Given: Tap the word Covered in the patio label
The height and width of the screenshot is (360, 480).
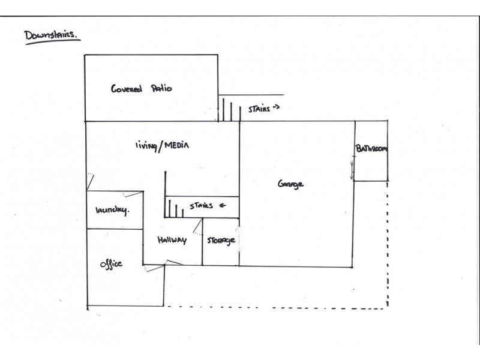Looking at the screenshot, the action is pyautogui.click(x=127, y=88).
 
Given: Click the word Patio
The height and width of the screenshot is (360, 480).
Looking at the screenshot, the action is pyautogui.click(x=161, y=88).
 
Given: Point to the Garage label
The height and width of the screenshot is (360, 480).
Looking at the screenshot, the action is pyautogui.click(x=290, y=184).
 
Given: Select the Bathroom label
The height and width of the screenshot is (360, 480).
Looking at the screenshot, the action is pyautogui.click(x=371, y=148).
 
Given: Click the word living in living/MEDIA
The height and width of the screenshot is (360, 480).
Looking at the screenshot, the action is pyautogui.click(x=146, y=145).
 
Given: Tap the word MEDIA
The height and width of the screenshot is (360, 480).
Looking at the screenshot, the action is pyautogui.click(x=177, y=145).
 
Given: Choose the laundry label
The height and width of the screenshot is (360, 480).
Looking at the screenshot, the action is pyautogui.click(x=112, y=210).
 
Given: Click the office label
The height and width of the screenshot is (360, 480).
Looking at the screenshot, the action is pyautogui.click(x=111, y=263).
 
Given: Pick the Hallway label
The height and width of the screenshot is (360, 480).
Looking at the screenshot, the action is pyautogui.click(x=172, y=240).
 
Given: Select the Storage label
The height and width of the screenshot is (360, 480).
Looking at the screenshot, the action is pyautogui.click(x=221, y=241).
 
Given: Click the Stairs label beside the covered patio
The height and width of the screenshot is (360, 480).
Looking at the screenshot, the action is pyautogui.click(x=259, y=109).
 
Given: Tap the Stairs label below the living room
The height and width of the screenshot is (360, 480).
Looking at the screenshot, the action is pyautogui.click(x=201, y=205).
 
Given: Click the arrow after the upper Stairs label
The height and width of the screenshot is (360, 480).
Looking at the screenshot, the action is pyautogui.click(x=276, y=107).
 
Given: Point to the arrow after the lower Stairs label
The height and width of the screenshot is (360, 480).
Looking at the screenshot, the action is pyautogui.click(x=223, y=205).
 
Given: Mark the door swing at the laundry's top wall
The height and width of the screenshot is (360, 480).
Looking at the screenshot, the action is pyautogui.click(x=133, y=194).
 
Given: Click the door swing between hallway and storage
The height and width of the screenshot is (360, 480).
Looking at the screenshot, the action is pyautogui.click(x=198, y=227).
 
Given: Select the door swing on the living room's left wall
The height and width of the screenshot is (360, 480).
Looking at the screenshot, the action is pyautogui.click(x=91, y=182).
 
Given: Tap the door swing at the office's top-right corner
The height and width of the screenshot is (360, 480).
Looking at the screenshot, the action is pyautogui.click(x=154, y=268).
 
